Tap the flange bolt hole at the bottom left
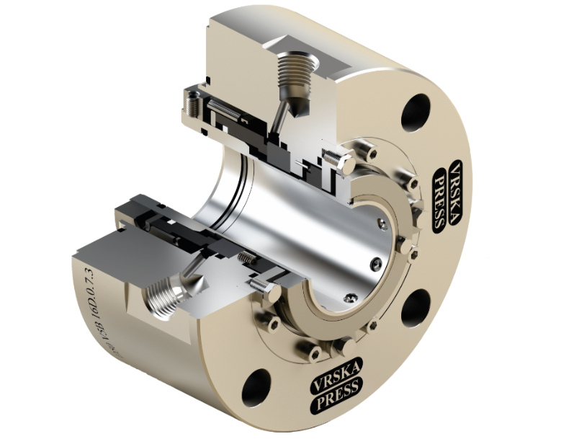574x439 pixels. pyautogui.click(x=256, y=386)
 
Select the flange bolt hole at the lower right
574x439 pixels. pyautogui.click(x=415, y=309)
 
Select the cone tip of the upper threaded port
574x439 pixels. pyautogui.click(x=297, y=108)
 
